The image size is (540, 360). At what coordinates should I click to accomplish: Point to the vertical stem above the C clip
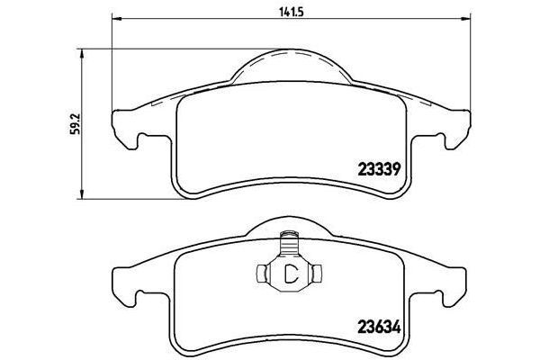click(x=289, y=244)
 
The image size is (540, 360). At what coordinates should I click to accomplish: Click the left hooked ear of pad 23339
click(x=128, y=133)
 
